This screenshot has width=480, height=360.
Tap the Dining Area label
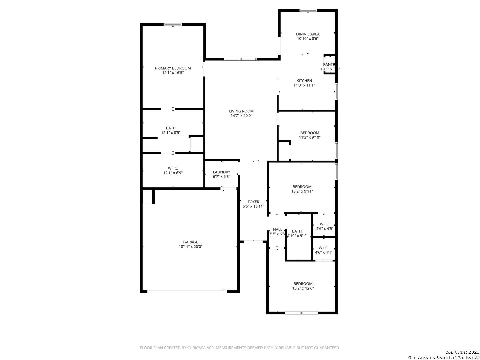coord(308,34)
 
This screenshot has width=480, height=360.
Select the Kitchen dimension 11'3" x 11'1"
coord(304,85)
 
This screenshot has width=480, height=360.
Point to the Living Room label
coord(241,111)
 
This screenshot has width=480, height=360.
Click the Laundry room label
coord(222,172)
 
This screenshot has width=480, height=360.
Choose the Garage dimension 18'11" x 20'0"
coord(190,247)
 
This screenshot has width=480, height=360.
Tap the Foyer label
coord(253,202)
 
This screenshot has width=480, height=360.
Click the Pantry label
coord(329,64)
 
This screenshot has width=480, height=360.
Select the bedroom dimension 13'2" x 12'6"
coord(303,288)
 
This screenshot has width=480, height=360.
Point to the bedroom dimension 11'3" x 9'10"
coord(310,137)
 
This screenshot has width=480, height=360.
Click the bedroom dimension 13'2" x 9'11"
coord(302,191)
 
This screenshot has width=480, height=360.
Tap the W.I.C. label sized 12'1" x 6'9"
coord(173,168)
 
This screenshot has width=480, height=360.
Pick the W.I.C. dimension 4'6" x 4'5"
coord(325,229)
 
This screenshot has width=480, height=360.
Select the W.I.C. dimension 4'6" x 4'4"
coord(324,252)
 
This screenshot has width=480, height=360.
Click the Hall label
coord(277,229)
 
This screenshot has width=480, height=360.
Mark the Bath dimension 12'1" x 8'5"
coord(171,133)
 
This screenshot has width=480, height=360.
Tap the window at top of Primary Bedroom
coord(173,24)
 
